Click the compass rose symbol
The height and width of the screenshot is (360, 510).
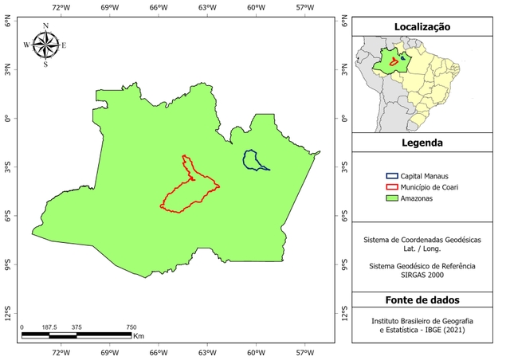pos(45,45)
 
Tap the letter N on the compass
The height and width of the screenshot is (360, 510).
pos(45,26)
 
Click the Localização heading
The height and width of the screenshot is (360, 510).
pos(422,27)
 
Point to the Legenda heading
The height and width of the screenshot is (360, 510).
pos(422,143)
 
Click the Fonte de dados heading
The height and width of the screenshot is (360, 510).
pos(422,299)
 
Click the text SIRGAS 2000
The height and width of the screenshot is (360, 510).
pos(422,275)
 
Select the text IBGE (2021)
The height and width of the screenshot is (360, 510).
pos(442,329)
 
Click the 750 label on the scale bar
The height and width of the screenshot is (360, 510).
pos(131,327)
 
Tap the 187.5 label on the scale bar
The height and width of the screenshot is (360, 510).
pos(49,327)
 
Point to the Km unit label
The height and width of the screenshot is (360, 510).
pos(138,337)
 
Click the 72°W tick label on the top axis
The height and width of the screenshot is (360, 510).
pos(61,7)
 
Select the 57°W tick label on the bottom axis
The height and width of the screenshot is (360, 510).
pos(305,352)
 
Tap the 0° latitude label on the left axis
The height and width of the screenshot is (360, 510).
pos(8,119)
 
